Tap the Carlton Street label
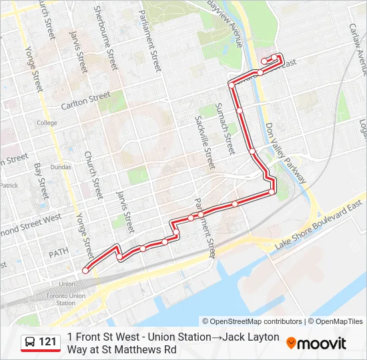(85, 101)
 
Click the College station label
(47, 123)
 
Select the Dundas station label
(61, 167)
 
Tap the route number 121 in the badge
(48, 342)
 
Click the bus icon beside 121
(30, 343)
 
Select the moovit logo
(316, 343)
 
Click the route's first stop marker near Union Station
(85, 270)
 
